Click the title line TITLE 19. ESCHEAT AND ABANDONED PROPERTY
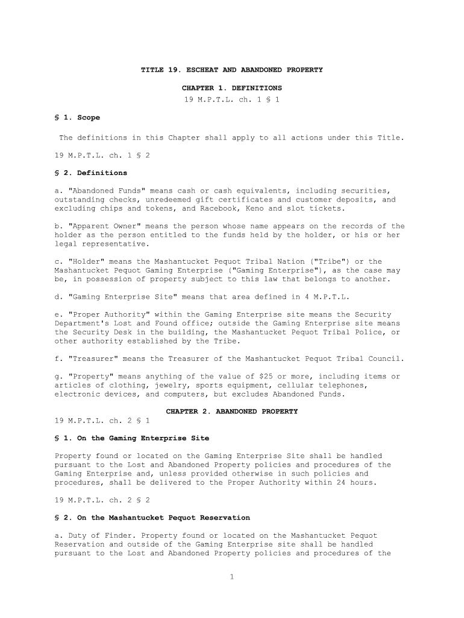click(231, 70)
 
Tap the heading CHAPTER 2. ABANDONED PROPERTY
click(231, 412)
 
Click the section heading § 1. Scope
click(77, 118)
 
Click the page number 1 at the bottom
click(231, 577)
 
